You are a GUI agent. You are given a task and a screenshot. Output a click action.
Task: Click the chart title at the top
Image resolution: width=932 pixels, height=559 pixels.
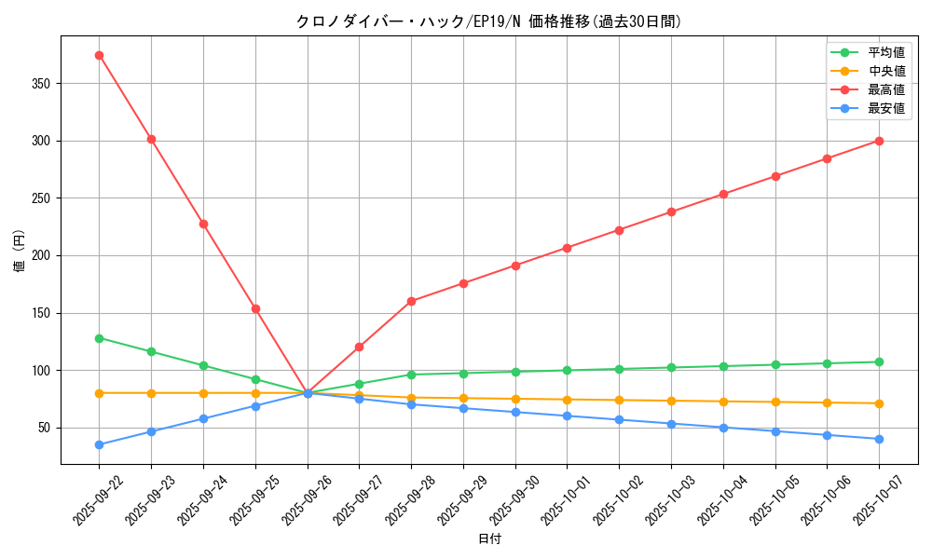(x=489, y=21)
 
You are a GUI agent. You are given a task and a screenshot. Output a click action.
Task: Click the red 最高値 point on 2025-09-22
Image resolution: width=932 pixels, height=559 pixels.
(x=99, y=55)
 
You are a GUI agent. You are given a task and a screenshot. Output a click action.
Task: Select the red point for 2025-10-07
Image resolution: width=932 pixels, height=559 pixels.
(x=879, y=141)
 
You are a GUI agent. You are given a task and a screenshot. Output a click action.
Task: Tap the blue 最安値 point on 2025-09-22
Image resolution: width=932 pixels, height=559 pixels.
(x=99, y=444)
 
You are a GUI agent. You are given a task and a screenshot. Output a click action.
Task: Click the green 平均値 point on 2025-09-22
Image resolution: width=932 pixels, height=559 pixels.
(x=99, y=338)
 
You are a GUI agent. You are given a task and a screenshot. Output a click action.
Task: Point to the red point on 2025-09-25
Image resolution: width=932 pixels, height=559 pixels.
(x=255, y=308)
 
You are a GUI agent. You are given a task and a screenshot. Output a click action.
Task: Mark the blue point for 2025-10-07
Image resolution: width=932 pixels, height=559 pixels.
(x=879, y=439)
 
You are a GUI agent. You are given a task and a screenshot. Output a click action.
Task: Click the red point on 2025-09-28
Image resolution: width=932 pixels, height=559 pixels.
(x=411, y=301)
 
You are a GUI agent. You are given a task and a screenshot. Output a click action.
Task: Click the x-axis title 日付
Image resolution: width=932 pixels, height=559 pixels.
(x=489, y=539)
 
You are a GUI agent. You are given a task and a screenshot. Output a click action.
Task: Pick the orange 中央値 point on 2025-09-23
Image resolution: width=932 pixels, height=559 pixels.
(x=151, y=393)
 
